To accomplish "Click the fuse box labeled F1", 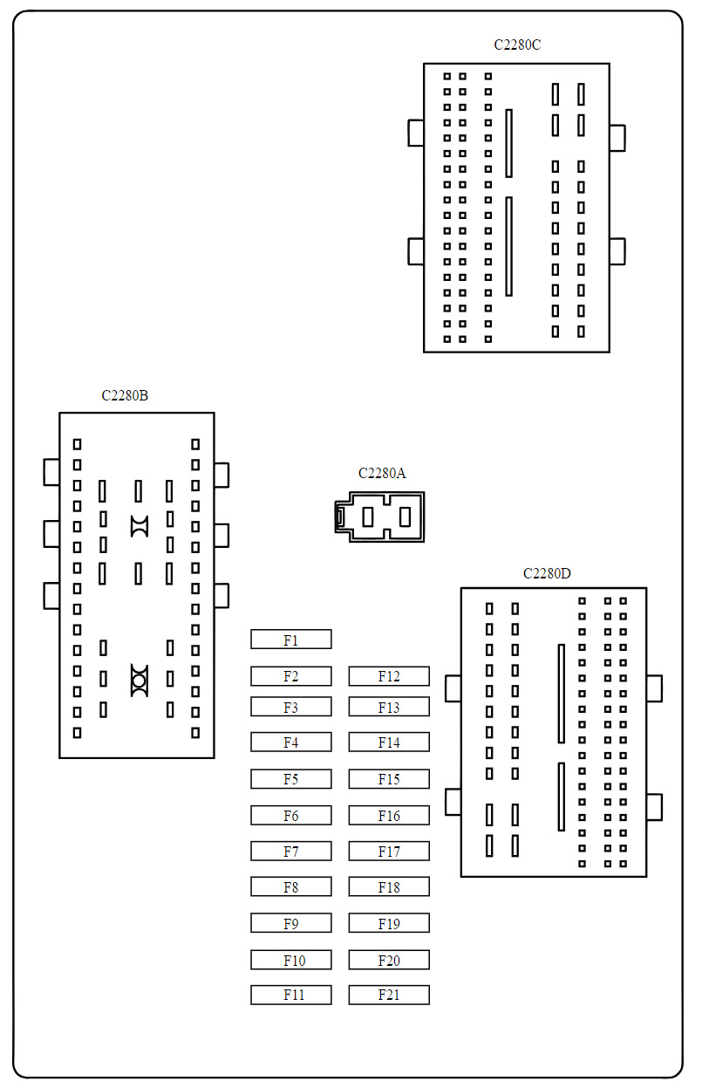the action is click(290, 640).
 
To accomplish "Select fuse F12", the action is click(389, 676).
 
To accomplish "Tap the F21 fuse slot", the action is click(389, 995).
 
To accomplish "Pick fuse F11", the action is click(290, 995).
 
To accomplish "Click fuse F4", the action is click(290, 742).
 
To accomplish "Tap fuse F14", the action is click(389, 742).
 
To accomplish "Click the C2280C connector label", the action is click(517, 44).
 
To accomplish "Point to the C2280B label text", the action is click(125, 395).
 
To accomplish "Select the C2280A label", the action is click(382, 473).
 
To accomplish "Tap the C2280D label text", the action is click(547, 573).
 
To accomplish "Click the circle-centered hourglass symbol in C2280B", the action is click(140, 680).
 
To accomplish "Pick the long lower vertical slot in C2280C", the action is click(508, 246).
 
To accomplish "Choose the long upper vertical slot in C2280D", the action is click(562, 694).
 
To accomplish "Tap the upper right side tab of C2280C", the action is click(617, 138).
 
